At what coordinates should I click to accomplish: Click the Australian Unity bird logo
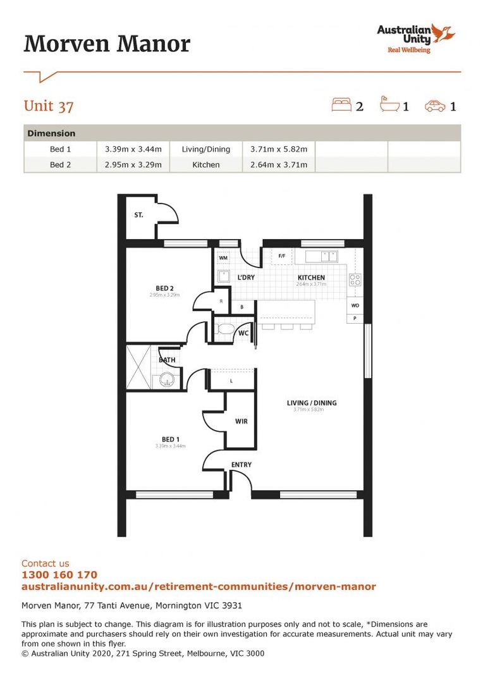pyautogui.click(x=444, y=33)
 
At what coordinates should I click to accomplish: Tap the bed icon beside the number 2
pyautogui.click(x=341, y=105)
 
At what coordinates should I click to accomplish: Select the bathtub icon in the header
pyautogui.click(x=389, y=104)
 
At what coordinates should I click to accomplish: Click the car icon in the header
pyautogui.click(x=435, y=106)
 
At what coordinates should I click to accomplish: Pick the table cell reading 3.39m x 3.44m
pyautogui.click(x=133, y=149)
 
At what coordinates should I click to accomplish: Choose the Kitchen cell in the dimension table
pyautogui.click(x=206, y=164)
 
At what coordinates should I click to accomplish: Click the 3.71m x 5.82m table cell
pyautogui.click(x=278, y=149)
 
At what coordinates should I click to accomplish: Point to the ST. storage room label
pyautogui.click(x=138, y=215)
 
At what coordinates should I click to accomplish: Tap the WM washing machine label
pyautogui.click(x=223, y=258)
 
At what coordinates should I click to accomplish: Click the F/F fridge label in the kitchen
pyautogui.click(x=282, y=256)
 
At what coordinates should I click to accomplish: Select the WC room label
pyautogui.click(x=243, y=333)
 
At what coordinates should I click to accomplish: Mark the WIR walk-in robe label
pyautogui.click(x=241, y=421)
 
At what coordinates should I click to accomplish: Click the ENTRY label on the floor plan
pyautogui.click(x=241, y=465)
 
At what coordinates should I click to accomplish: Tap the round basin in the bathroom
pyautogui.click(x=166, y=380)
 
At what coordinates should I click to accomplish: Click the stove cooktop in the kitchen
pyautogui.click(x=355, y=280)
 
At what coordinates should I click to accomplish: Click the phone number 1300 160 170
pyautogui.click(x=59, y=575)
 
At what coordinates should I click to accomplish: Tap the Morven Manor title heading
pyautogui.click(x=107, y=44)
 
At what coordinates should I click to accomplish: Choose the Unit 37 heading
pyautogui.click(x=49, y=106)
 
